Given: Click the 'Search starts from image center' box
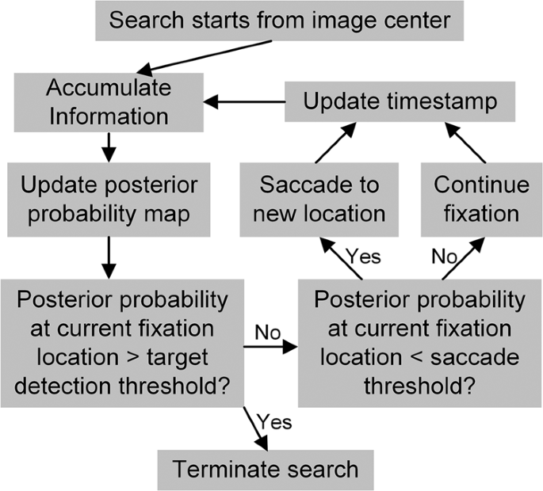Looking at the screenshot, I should coord(280,21).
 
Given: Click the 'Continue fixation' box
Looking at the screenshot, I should coord(481,199).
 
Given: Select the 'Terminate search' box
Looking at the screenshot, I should coord(266,469).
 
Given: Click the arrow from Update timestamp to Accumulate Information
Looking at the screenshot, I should coord(245,101).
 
